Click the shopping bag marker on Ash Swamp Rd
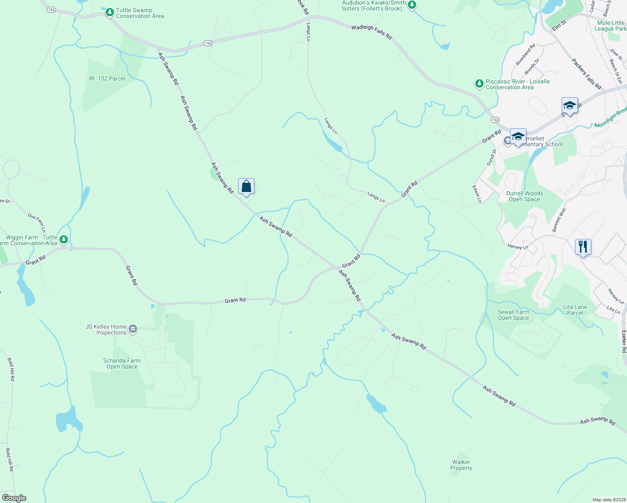point(246,187)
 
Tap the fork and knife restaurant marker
point(583,247)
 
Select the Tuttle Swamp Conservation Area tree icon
point(110,13)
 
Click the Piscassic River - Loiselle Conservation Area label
point(517,85)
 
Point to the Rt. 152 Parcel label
point(107,78)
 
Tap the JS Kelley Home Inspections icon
point(133,329)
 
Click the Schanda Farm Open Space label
point(122,363)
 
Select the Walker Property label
point(461,465)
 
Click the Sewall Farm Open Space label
point(513,315)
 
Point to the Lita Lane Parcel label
point(575,310)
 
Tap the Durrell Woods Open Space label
point(524,196)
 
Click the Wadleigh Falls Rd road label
point(371,32)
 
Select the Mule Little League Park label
point(610,26)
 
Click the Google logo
point(14,498)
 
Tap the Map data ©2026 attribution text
point(609,500)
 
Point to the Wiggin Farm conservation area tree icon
point(64,240)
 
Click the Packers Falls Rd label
point(586,74)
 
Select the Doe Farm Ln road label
point(37,223)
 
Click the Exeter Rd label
point(624,342)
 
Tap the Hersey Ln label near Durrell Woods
point(518,247)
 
